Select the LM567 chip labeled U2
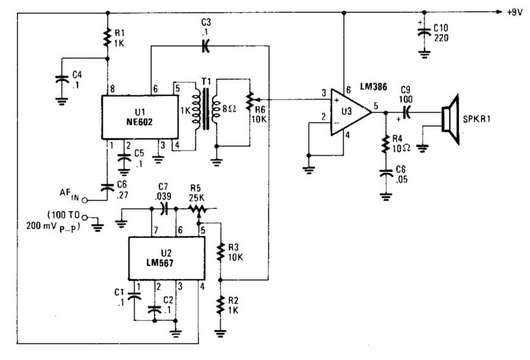click(x=163, y=258)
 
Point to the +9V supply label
click(x=516, y=12)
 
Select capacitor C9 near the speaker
click(x=407, y=112)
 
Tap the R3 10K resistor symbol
click(x=220, y=252)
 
